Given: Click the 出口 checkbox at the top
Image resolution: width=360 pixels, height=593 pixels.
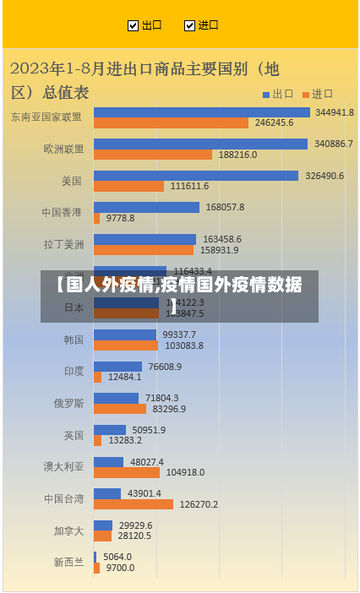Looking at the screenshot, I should coord(133,25).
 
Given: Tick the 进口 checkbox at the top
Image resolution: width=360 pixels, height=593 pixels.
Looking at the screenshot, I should coord(189,25).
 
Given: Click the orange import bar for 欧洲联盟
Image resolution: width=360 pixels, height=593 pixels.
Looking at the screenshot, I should coord(152,155).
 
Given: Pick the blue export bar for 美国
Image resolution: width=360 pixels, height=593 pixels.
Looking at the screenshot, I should coord(195,176).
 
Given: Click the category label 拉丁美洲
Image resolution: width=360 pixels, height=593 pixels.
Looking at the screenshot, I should coord(64,245).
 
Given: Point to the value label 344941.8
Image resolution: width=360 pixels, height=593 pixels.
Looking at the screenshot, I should coord(335,112).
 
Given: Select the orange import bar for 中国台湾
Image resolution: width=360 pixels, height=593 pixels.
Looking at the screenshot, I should coord(133,504).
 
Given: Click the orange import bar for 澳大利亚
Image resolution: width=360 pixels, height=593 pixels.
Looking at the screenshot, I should coord(126,472).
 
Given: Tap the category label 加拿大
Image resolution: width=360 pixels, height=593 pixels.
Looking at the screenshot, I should coord(68,531).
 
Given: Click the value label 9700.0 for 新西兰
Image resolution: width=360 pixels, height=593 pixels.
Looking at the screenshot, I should coord(120,568).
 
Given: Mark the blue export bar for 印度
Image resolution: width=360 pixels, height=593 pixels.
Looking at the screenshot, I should coord(117,367).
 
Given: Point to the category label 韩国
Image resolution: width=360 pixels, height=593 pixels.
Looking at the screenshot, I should coord(74,340).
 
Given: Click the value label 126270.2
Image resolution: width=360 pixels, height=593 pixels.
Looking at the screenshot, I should coord(198,504).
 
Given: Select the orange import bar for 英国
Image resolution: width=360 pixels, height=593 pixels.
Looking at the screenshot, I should coord(98,440).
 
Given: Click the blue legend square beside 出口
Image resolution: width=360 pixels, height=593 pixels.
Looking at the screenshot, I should coord(265,94).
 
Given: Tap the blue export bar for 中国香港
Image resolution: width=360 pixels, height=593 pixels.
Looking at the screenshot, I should coord(146,207).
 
